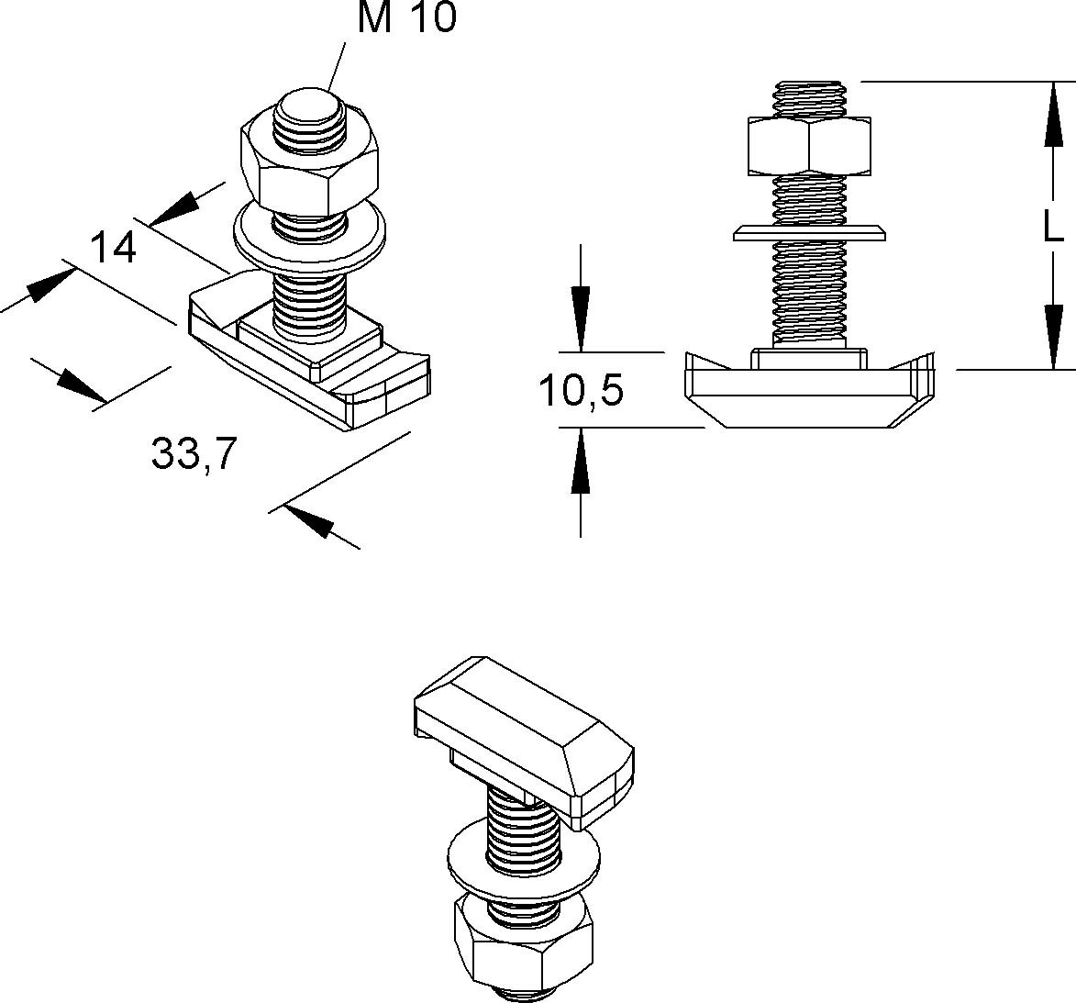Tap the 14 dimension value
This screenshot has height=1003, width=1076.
pos(113,249)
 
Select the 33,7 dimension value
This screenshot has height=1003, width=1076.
pos(194,454)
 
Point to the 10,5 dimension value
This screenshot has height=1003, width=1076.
pos(582,391)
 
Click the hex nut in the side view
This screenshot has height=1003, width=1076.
pos(807,145)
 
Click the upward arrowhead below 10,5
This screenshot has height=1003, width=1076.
pos(581,461)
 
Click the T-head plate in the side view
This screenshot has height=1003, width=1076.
pos(810,389)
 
